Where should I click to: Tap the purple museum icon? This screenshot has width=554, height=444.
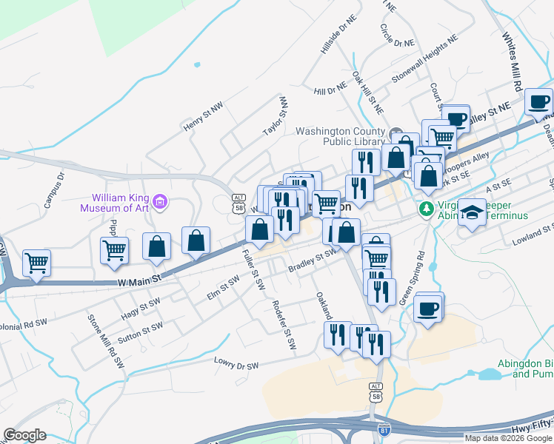160,201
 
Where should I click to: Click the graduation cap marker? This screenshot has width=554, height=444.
472,214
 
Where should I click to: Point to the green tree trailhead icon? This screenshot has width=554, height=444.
426,209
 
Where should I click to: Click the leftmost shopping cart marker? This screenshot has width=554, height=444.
36,263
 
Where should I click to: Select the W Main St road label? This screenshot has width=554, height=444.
139,280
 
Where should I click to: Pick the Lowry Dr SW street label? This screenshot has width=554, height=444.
236,365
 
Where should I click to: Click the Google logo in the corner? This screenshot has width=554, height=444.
24,435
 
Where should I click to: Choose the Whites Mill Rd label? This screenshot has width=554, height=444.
511,55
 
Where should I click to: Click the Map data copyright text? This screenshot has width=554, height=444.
508,438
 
